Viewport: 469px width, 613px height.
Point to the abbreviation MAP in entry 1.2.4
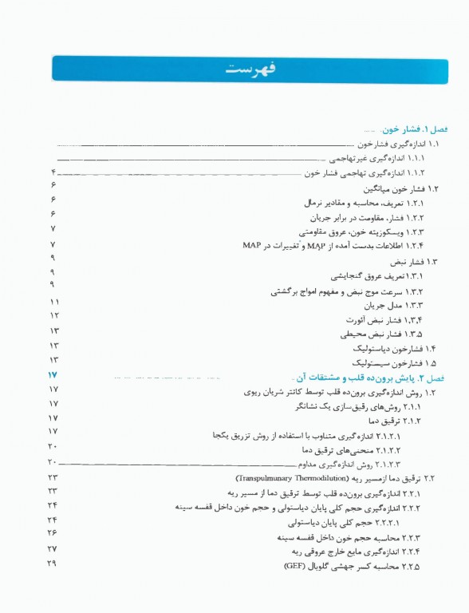(x=252, y=245)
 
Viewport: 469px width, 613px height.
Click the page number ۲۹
(x=53, y=565)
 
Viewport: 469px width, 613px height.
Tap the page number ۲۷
(x=53, y=549)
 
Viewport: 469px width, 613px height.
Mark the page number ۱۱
(x=54, y=303)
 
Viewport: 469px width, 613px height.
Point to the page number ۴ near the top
(x=53, y=172)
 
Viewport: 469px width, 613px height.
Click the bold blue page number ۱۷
(x=53, y=376)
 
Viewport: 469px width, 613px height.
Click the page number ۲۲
(x=53, y=477)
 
